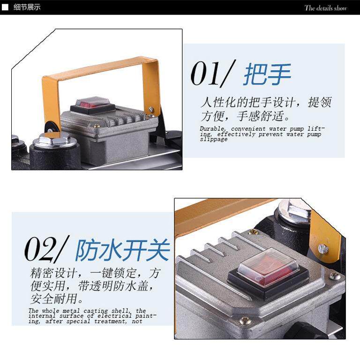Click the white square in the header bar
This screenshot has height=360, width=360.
(5, 7)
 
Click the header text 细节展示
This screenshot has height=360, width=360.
(27, 7)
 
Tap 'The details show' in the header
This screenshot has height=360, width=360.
(326, 8)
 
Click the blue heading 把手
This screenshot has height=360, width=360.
(267, 74)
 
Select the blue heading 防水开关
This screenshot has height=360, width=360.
(123, 250)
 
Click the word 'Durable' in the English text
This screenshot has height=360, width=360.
(213, 128)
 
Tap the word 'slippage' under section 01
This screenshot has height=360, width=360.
(214, 139)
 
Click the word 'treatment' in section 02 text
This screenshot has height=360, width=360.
(110, 321)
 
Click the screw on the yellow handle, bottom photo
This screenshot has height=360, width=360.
(323, 248)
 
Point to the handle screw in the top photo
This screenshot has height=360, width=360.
(151, 109)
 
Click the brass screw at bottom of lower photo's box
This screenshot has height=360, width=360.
(245, 321)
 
